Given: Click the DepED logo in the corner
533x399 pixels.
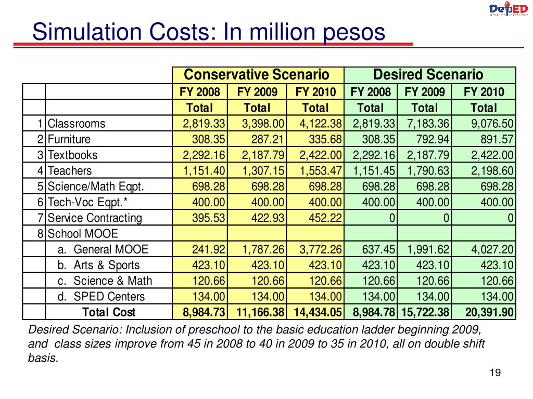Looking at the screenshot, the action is pos(508,8).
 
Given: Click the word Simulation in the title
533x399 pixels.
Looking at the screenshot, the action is pos(87,32).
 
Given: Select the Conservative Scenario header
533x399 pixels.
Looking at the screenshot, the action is pos(257,75).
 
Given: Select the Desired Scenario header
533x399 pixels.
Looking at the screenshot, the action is pos(428,75).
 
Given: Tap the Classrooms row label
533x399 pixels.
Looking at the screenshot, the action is pos(77,124).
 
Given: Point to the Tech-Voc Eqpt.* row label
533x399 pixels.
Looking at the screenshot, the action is pos(87,202).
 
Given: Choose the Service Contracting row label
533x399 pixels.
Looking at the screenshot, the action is pos(95,218).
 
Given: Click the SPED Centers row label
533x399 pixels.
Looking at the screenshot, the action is pos(101,297).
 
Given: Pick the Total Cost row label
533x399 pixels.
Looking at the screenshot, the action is pos(109,312).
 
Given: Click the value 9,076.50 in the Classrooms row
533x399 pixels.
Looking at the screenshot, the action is pos(492,124).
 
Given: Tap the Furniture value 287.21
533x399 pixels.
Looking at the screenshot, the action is pos(268,139).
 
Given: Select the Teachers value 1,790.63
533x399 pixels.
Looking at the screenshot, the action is pos(428,170).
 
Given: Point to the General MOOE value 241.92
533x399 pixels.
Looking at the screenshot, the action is pos(208,249).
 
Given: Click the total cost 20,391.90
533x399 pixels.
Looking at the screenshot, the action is pos(489,312).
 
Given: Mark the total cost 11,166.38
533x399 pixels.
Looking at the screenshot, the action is pos(260,312).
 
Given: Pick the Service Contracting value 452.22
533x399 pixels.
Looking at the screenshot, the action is pos(325,218).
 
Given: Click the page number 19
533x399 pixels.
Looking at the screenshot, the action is pos(496,373).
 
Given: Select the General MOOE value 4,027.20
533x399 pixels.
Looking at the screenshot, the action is pos(492,249).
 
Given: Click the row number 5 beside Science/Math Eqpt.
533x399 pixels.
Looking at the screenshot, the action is pos(41,187).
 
